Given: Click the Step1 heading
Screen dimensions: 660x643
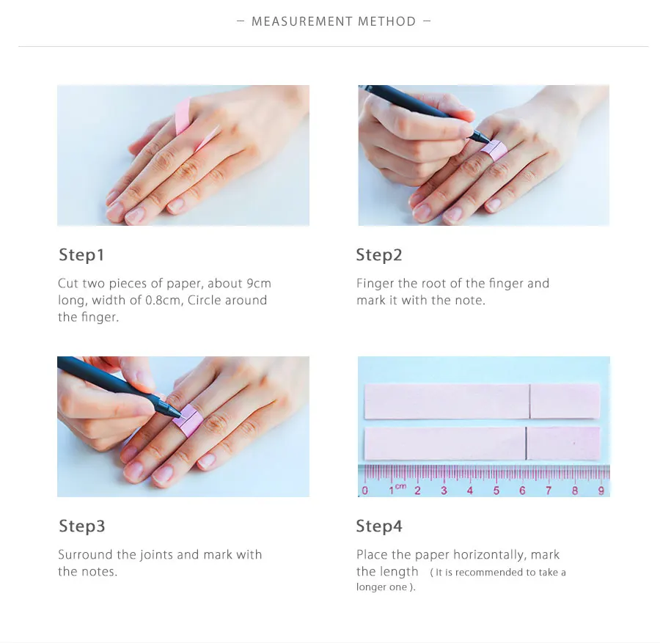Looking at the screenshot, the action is (81, 255).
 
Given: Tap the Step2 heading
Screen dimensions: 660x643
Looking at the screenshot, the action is (379, 255).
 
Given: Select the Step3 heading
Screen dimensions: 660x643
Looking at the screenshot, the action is (81, 526).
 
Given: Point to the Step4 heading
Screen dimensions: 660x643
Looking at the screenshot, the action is (379, 526).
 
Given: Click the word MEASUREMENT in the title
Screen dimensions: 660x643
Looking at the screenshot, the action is (301, 21).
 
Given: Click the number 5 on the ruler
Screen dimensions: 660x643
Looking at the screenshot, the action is (496, 490).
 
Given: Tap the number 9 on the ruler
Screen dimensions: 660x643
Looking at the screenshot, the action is (601, 490).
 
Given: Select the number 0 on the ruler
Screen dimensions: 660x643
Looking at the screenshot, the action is (364, 490).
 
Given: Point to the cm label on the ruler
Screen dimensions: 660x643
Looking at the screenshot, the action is (400, 486).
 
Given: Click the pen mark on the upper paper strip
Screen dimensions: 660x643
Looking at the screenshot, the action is (529, 402).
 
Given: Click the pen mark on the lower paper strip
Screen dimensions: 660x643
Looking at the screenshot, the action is (526, 443).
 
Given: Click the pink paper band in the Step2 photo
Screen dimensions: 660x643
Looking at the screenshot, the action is (494, 150).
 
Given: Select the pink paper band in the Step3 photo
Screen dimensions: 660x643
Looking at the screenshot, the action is (188, 420).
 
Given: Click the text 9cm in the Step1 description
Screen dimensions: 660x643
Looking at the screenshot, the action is (259, 283).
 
